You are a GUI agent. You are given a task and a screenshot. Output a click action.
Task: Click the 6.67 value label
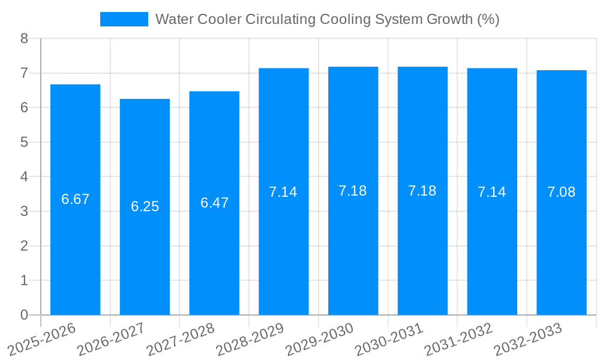coord(75,199)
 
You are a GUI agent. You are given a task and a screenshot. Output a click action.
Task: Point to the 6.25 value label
coord(145,206)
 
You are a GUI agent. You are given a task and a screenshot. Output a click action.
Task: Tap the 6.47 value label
coord(214,203)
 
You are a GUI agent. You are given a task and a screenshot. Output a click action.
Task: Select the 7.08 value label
coord(561,192)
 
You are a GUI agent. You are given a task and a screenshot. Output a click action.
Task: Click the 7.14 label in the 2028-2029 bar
coord(283,192)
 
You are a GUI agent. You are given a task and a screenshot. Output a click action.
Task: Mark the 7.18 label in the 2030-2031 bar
coord(422,191)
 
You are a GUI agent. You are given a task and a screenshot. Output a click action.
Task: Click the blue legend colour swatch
coord(124,19)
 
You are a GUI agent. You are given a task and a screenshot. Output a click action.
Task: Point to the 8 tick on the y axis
coord(24,38)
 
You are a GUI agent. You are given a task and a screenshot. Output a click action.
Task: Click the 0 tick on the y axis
coord(24,315)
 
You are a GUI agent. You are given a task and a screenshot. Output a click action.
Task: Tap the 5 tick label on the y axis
coord(24,142)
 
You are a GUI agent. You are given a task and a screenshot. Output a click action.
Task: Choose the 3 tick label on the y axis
coord(24,211)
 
